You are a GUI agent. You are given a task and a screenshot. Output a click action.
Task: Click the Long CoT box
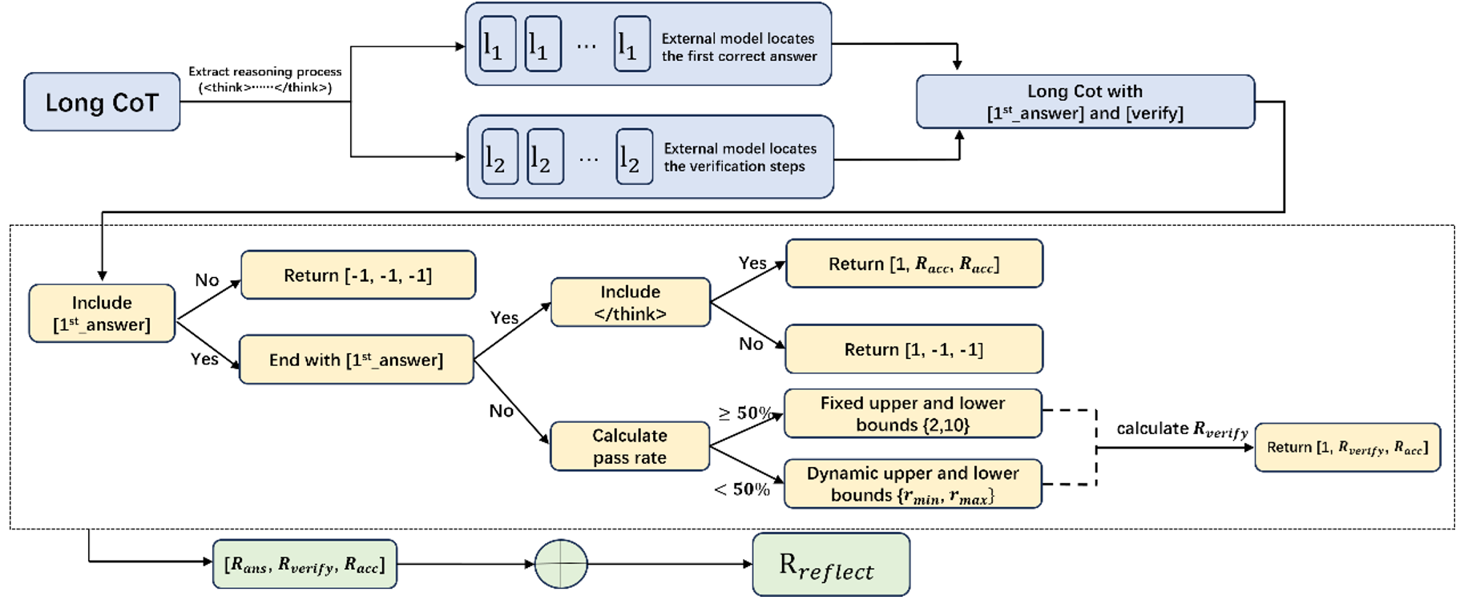pos(102,102)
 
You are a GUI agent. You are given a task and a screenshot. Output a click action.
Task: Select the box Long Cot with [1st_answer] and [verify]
pos(1085,102)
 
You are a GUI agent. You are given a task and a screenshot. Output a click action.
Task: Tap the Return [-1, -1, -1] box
pos(357,276)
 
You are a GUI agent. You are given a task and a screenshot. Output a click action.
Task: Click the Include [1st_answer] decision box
pos(102,313)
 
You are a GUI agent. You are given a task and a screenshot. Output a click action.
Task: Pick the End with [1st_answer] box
pos(356,360)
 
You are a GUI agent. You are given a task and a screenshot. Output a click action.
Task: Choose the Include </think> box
pos(630,303)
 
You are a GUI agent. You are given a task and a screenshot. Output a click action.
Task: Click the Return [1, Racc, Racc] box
pos(913,264)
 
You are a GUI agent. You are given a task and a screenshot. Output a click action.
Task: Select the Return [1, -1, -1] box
pos(913,349)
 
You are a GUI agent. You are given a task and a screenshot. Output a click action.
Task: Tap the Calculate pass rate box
pos(629,446)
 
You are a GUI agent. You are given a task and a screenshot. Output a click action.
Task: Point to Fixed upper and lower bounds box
pos(912,413)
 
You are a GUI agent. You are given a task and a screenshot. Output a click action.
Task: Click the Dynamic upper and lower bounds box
pos(912,484)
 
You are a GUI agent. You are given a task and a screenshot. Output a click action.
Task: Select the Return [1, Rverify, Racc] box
pos(1347,448)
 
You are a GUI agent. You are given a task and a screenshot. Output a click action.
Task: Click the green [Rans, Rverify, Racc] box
pos(304,565)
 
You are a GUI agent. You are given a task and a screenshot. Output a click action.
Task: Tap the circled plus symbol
pos(561,564)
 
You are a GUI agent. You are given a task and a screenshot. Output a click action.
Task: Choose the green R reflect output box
pos(830,565)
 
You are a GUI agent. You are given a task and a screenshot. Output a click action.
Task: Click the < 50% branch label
pos(742,489)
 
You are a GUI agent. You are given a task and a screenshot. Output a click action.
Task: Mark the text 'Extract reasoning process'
pos(265,72)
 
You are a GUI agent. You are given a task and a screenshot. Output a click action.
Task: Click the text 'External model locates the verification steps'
pos(739,157)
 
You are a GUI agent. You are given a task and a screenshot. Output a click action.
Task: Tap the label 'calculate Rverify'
pos(1182,429)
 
